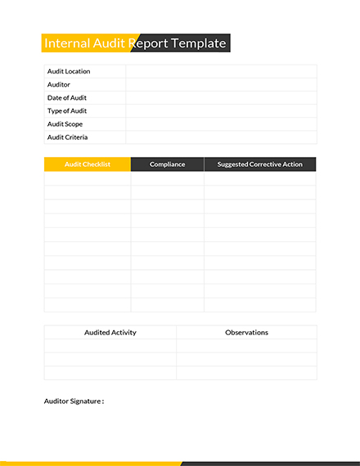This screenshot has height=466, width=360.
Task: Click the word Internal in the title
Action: pos(68,43)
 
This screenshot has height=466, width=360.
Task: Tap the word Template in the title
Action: pos(196,43)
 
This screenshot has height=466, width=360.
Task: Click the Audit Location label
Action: pos(69,71)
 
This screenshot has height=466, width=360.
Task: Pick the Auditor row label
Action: pos(59,84)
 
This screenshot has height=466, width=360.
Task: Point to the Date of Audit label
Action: pos(67,97)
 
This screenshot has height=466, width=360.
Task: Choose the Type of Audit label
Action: pos(67,110)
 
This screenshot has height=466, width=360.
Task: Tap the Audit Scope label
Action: pos(65,124)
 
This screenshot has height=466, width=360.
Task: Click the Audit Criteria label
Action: pos(67,137)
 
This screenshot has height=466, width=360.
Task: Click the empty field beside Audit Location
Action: pos(221,71)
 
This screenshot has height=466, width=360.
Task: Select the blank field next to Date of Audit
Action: pos(221,97)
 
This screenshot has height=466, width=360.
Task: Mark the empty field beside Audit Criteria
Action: pos(221,137)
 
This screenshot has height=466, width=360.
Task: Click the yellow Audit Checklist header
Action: pos(87,164)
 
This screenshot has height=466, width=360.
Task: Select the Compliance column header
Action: pos(167,164)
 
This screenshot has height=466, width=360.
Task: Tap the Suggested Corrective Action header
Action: pos(259,164)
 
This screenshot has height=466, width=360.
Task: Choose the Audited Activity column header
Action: pos(110,333)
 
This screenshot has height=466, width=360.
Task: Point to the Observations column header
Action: pos(246,333)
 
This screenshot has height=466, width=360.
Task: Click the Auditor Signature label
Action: pos(74,401)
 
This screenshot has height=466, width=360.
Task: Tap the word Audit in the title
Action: pos(110,43)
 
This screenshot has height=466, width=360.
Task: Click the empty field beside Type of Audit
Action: pos(221,110)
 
